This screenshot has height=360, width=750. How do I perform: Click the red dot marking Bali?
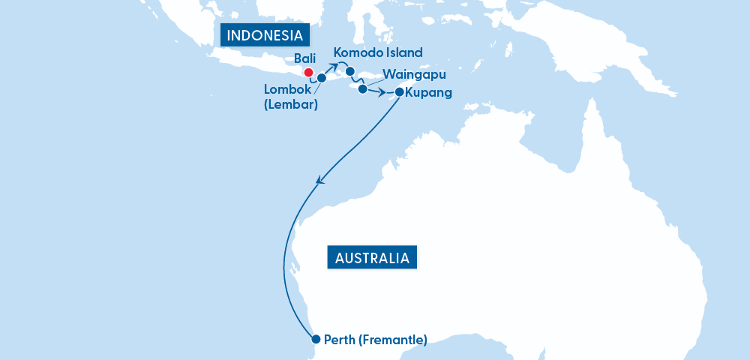pos(307,73)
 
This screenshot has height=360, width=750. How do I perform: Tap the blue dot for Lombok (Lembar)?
pos(322,77)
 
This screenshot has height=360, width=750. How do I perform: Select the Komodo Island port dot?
pos(349,71)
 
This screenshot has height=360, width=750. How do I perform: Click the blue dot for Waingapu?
pos(362,89)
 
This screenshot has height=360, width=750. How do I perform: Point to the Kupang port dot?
pos(398,92)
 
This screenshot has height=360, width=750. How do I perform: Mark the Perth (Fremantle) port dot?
pos(316,338)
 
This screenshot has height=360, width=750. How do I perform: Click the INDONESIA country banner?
pos(265,35)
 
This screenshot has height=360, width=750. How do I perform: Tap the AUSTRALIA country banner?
pos(372,258)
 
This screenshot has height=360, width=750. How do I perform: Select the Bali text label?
pos(306,58)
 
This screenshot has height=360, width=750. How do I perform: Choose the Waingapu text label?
pos(414,75)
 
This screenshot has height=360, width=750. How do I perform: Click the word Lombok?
pos(286,89)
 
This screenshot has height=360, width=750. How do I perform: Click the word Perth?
pos(340,340)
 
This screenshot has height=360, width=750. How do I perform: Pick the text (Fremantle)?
pos(392,340)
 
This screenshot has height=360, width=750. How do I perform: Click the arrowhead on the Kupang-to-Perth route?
pos(320,180)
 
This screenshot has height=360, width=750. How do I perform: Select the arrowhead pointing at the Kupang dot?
pos(388,94)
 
